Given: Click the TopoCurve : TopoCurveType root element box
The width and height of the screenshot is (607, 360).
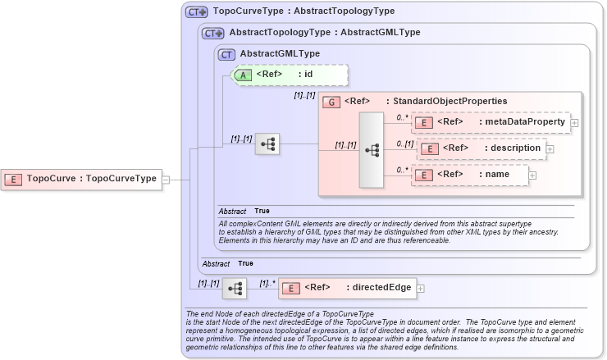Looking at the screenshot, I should (81, 178).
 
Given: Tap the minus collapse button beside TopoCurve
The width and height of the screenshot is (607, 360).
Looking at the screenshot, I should (167, 179).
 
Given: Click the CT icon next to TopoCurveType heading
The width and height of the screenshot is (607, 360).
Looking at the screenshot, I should (196, 11).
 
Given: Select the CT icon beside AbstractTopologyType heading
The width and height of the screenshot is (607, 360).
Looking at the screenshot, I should (213, 33).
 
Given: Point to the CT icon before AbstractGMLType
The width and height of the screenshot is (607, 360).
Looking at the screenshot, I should (226, 53).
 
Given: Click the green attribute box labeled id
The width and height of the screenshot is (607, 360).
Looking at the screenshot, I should (291, 75).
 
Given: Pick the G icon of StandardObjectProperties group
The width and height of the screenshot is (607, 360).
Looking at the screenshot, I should (332, 102).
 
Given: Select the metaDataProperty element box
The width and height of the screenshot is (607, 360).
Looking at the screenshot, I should (490, 122).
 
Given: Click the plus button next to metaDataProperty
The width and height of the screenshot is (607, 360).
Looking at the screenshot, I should (574, 123).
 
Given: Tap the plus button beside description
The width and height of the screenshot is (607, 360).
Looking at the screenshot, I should (550, 149).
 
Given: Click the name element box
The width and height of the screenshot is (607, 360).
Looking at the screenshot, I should (470, 175).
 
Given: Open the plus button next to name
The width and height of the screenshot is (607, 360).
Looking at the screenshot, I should (532, 175).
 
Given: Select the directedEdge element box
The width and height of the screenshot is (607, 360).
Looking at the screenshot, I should (348, 288).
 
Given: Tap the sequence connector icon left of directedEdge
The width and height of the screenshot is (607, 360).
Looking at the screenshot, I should (235, 288).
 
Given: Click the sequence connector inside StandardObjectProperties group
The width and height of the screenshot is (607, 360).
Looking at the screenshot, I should (372, 151).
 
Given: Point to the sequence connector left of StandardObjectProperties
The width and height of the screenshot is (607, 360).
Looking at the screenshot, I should (267, 144).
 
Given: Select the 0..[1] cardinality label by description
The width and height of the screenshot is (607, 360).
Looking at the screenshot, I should (404, 144).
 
